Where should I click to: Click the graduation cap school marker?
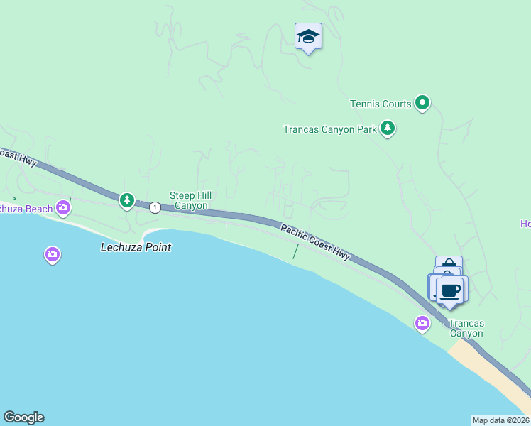[308, 36]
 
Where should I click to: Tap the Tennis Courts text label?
[381, 104]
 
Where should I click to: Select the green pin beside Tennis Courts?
[422, 104]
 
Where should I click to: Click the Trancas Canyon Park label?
[329, 129]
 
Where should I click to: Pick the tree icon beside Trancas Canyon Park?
[387, 129]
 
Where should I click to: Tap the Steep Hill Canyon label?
[188, 200]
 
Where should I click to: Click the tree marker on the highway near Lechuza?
[127, 201]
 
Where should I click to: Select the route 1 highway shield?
[155, 207]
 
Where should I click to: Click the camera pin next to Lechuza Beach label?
[64, 207]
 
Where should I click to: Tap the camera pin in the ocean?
[52, 253]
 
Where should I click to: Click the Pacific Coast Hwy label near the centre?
[314, 242]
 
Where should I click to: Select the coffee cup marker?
[450, 290]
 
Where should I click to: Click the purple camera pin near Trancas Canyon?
[422, 324]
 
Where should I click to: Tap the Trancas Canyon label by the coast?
[466, 328]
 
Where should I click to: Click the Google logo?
[23, 417]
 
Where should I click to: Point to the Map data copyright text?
[500, 420]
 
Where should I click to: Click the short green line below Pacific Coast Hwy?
[295, 251]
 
